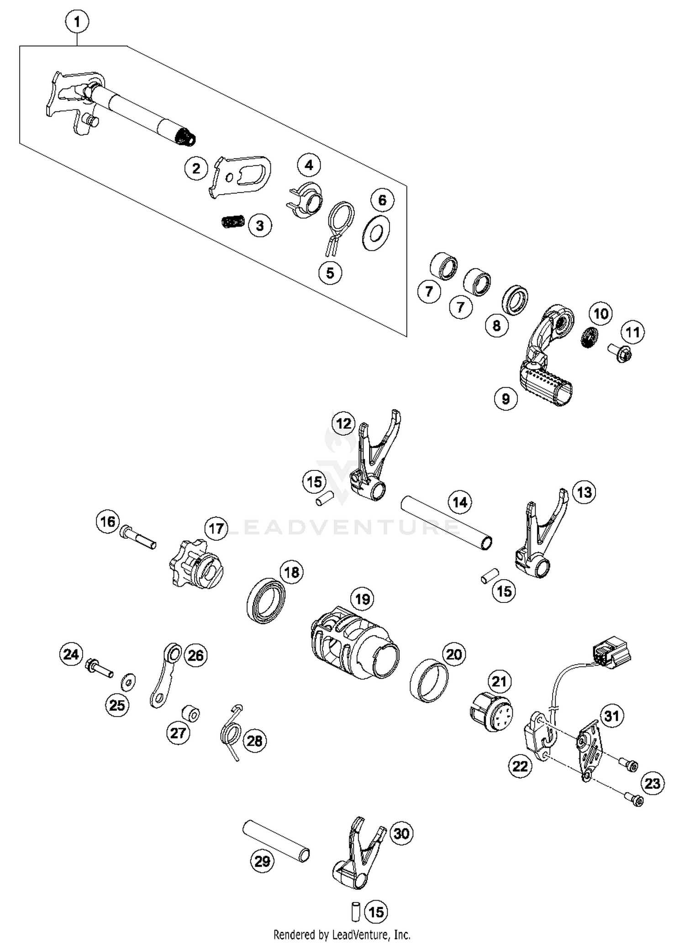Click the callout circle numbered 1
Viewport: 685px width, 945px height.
[77, 21]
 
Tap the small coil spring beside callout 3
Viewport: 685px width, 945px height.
[233, 221]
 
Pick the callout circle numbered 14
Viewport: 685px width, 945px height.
[459, 502]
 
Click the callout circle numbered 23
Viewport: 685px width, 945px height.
[653, 783]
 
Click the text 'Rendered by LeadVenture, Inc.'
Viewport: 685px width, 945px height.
[342, 934]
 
